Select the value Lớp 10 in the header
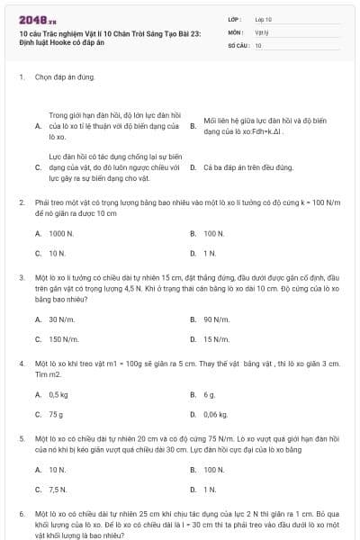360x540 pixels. click(264, 19)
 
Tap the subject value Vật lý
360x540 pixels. click(262, 31)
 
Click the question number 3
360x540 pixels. click(21, 278)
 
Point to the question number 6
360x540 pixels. click(21, 513)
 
